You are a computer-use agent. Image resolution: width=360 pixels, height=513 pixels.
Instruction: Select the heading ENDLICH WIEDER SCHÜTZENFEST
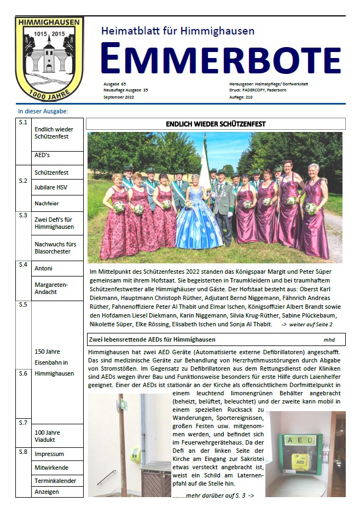[x=216, y=124]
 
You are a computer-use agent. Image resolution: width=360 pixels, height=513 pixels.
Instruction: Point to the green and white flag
[x=205, y=165]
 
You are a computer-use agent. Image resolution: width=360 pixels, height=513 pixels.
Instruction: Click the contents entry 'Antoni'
[x=44, y=268]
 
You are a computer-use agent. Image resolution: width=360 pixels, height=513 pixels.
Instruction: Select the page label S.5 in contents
[x=23, y=304]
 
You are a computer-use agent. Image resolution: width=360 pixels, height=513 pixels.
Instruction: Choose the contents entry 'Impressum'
[x=49, y=454]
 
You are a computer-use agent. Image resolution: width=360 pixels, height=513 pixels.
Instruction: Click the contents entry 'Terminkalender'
[x=55, y=481]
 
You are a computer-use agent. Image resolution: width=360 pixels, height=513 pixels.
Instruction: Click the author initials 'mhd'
[x=329, y=340]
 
